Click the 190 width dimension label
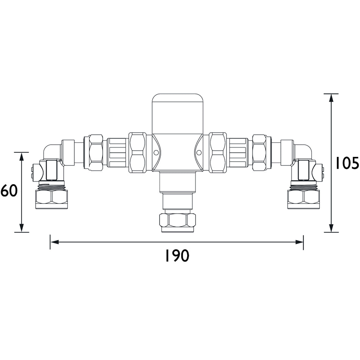[177, 256]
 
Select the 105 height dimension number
[347, 163]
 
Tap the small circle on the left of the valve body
[156, 152]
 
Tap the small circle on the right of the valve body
[199, 152]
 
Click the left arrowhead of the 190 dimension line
[54, 242]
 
